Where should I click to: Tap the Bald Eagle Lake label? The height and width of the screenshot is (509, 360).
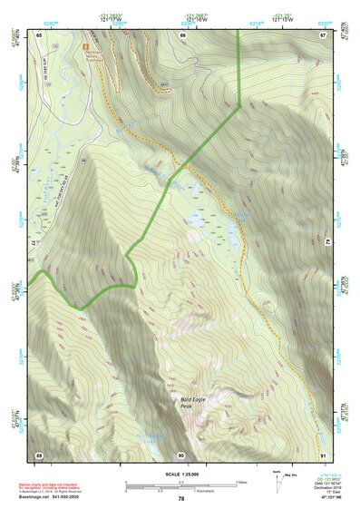151,437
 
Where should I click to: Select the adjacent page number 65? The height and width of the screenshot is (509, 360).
39,34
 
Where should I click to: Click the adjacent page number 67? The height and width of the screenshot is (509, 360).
323,34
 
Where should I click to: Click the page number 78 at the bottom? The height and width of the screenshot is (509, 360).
181,498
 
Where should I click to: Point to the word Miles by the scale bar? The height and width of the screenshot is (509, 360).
242,482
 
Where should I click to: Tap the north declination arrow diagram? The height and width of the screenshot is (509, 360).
278,478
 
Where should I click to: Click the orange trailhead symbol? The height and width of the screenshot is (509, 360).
86,44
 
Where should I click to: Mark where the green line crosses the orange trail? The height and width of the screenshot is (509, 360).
184,165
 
